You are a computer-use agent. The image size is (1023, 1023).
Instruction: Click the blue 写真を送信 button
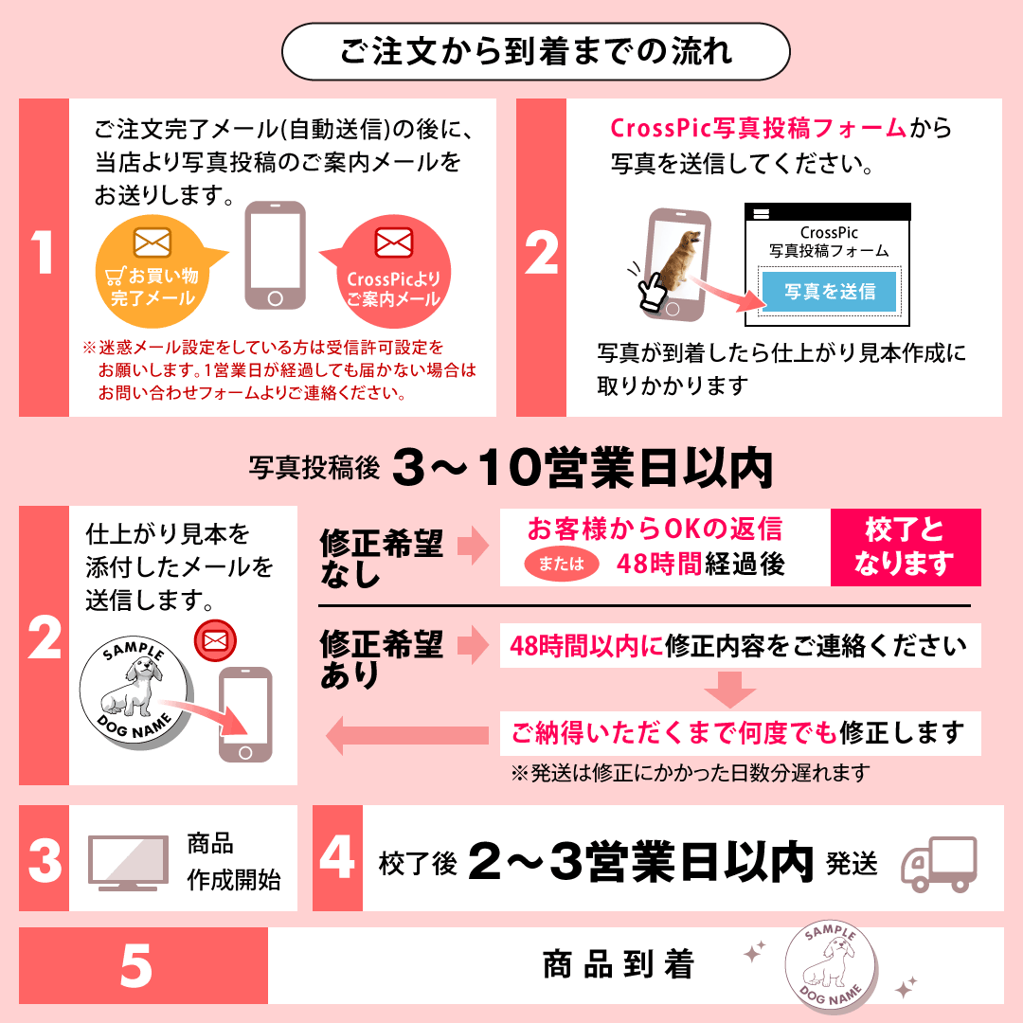(x=829, y=291)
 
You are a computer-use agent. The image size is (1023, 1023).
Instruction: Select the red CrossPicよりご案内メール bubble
(x=391, y=272)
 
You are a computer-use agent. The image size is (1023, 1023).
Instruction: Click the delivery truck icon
(x=940, y=864)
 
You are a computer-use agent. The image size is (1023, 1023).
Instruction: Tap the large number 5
(x=136, y=965)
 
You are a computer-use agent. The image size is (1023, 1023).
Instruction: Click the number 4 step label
(x=337, y=856)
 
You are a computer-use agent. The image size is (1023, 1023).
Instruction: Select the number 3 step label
(x=45, y=860)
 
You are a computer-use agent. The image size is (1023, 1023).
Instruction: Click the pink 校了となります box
(x=906, y=547)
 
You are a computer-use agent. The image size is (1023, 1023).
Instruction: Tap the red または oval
(x=562, y=564)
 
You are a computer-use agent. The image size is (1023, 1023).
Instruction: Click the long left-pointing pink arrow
(x=407, y=735)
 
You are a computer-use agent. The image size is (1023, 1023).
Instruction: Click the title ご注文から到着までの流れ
(x=536, y=51)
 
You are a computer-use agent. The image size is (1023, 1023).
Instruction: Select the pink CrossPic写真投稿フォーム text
(x=758, y=129)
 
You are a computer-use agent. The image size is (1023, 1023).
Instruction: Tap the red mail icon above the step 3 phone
(x=215, y=640)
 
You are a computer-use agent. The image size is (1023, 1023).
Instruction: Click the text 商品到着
(x=619, y=965)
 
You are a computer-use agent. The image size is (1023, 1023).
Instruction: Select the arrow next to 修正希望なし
(x=473, y=546)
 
